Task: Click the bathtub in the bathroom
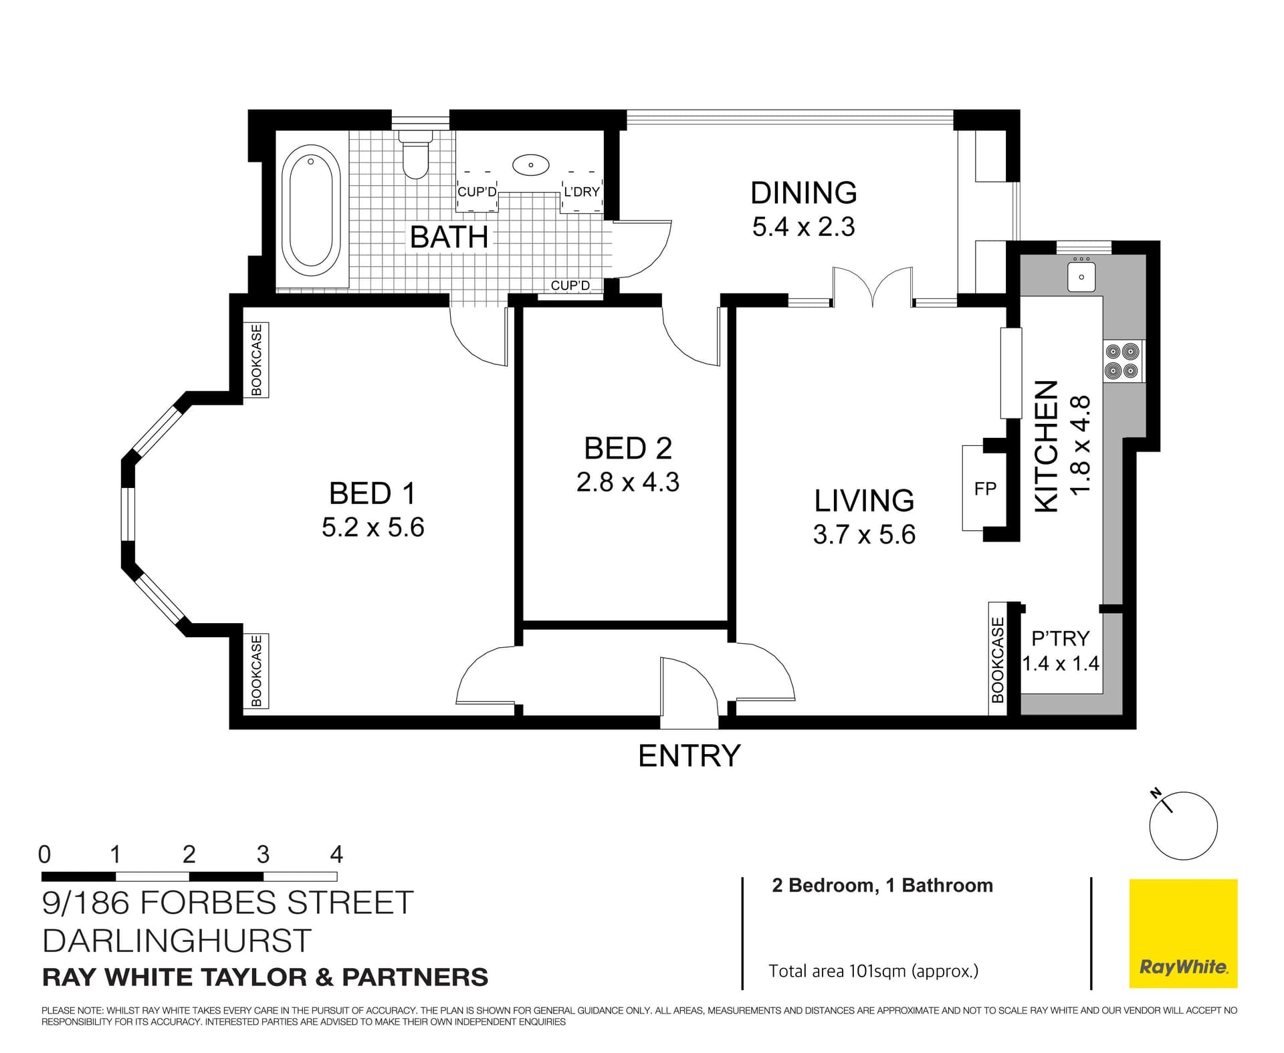pos(311,211)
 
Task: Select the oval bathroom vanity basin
pos(530,164)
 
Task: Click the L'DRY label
pos(581,192)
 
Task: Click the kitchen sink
pos(1081,276)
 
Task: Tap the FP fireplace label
pos(985,489)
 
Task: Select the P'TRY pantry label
pos(1060,638)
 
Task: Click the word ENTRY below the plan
pos(689,756)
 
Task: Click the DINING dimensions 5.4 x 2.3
pos(803,227)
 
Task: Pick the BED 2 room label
pos(627,449)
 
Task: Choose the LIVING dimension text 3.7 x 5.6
pos(864,535)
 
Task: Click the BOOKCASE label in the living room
pos(998,659)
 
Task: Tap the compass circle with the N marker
pos(1183,826)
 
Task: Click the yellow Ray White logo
pos(1183,933)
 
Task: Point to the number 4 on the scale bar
pos(336,854)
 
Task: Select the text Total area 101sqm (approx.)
pos(873,971)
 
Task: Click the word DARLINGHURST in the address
pos(177,941)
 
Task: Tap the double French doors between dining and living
pos(873,286)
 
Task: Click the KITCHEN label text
pos(1047,447)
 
